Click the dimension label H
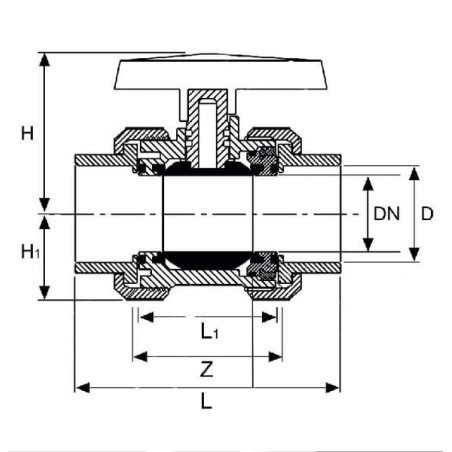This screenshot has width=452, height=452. tap(27, 134)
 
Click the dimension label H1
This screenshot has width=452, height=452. tap(30, 252)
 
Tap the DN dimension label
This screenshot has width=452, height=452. tap(386, 214)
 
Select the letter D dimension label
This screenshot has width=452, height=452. tap(427, 214)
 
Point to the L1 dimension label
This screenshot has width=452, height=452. tap(210, 332)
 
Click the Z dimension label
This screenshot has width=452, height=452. tap(207, 370)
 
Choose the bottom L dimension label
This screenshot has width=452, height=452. tap(206, 401)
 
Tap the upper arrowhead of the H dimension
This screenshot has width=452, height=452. tap(44, 59)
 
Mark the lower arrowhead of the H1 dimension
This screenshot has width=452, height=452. tap(44, 293)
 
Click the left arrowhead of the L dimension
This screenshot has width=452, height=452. tap(82, 388)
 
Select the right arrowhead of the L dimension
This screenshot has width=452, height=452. tap(333, 388)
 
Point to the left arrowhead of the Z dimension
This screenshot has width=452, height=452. tap(140, 357)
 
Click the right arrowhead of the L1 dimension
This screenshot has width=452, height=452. tap(269, 317)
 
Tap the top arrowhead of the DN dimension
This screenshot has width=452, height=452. tap(368, 184)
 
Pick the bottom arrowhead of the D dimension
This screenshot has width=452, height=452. tap(414, 254)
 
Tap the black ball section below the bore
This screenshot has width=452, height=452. tap(207, 259)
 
